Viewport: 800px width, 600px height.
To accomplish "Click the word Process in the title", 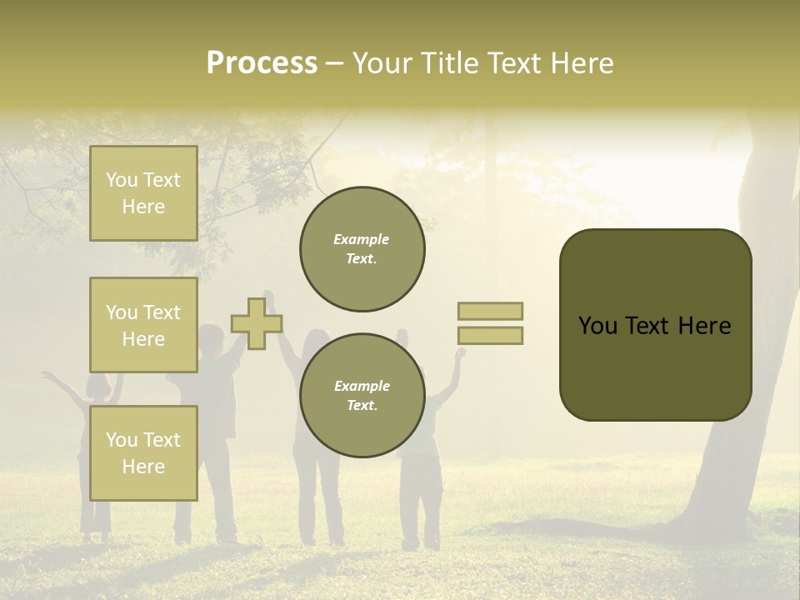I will tap(262, 63).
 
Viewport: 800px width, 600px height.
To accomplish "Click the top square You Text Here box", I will tap(143, 193).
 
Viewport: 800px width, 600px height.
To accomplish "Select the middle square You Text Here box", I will tap(143, 325).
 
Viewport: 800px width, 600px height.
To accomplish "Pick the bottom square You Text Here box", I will tap(143, 452).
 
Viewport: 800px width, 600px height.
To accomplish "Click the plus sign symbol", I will tap(257, 324).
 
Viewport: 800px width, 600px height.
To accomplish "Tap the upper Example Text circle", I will tap(362, 249).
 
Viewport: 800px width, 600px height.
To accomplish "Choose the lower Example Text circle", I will tap(362, 396).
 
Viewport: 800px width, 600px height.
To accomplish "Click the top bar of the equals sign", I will tap(490, 311).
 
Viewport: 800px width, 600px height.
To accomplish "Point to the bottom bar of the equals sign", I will tap(490, 336).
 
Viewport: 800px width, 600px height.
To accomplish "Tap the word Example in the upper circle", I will tap(362, 239).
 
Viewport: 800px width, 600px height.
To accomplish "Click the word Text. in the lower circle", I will tap(362, 406).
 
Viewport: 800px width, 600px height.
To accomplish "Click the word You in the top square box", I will tap(122, 180).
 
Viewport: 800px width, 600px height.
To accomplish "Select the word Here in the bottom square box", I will tap(143, 467).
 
